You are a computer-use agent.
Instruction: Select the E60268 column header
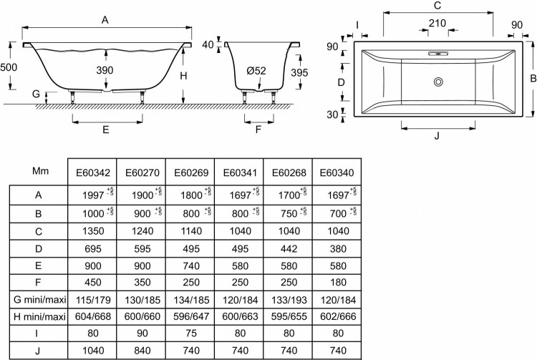coord(287,172)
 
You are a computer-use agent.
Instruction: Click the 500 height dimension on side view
coord(9,66)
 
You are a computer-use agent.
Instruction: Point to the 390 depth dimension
coord(106,70)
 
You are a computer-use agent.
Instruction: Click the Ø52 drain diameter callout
coord(256,70)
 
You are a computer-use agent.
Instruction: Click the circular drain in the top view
coord(437,82)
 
